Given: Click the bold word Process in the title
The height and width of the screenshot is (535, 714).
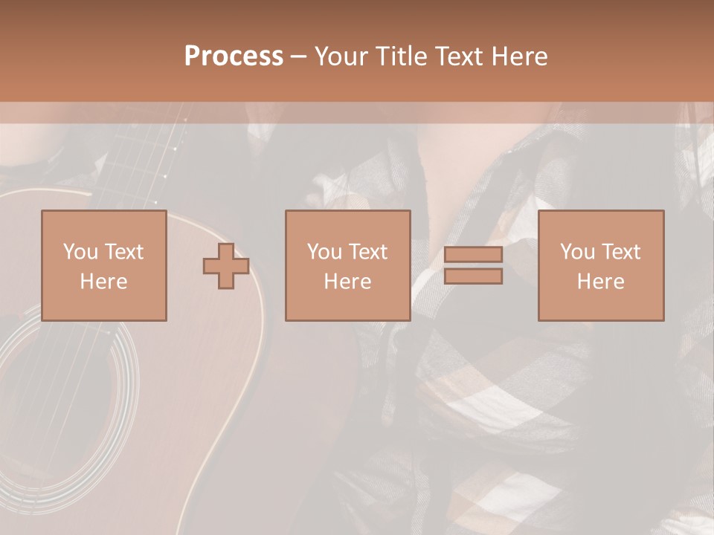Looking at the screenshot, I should (234, 56).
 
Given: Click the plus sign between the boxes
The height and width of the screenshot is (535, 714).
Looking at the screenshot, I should (226, 266).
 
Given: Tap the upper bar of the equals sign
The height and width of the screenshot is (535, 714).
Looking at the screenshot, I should (473, 254).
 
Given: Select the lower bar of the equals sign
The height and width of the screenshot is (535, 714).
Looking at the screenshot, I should (473, 276).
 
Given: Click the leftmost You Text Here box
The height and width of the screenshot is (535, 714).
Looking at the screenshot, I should (103, 265).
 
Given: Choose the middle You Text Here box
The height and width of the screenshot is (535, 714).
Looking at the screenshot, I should (347, 265).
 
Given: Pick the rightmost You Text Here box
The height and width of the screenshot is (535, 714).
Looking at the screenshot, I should (600, 265).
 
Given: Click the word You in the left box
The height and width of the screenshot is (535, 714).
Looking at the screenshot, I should (80, 252).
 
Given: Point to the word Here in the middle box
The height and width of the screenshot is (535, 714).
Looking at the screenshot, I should (347, 282).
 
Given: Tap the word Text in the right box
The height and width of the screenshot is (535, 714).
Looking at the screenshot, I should (620, 252).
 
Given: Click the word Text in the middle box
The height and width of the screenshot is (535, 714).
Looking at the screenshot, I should (367, 252).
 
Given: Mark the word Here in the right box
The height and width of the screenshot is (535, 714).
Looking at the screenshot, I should (600, 282).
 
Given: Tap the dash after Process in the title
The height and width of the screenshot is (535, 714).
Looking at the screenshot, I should (298, 56).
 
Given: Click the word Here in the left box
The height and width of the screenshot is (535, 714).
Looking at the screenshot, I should (103, 282).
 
